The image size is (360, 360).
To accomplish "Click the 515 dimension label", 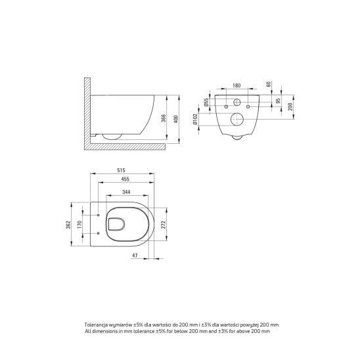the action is pos(121,170).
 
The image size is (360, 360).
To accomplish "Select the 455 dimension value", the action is pos(125,179).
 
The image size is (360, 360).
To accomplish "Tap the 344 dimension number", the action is pos(126,192).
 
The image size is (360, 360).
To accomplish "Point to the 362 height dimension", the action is pos(68,225).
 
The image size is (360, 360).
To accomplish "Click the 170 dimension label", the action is pos(79,224).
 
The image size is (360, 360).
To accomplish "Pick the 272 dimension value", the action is pos(163,225).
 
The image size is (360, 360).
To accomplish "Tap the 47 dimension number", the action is pos(135,256).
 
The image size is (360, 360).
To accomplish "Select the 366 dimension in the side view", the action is pos(163,118).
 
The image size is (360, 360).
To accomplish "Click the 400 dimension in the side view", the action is pos(176,119).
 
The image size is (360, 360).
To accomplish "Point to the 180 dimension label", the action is pos(236,85).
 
